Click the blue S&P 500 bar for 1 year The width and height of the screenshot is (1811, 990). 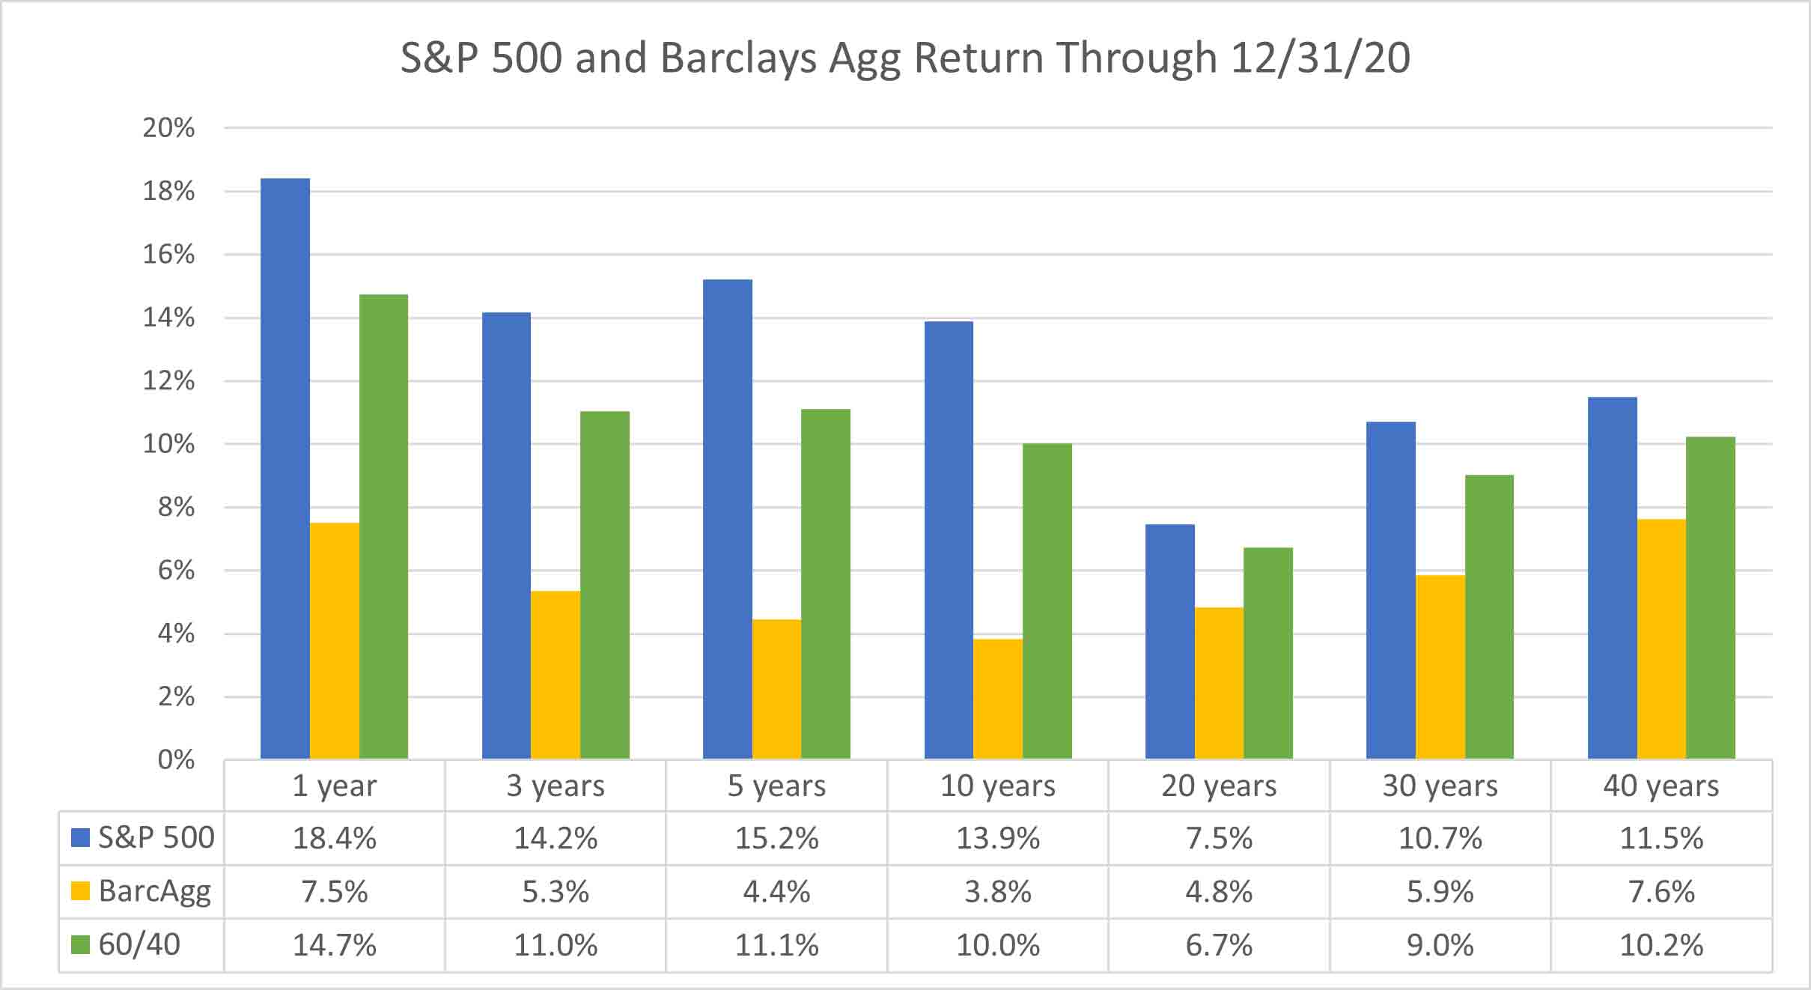(x=284, y=469)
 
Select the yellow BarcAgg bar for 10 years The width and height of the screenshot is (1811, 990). (x=998, y=699)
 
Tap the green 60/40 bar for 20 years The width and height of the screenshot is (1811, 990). (x=1268, y=653)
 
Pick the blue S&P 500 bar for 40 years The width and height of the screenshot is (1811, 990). (x=1612, y=578)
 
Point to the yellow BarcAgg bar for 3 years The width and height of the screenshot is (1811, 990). (x=556, y=675)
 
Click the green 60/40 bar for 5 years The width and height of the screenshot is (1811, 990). (x=826, y=584)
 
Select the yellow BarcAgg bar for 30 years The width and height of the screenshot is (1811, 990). (x=1440, y=667)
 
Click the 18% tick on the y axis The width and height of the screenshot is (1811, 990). (x=168, y=192)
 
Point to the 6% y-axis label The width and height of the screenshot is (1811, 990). (x=177, y=571)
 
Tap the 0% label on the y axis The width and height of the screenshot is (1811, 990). (x=177, y=760)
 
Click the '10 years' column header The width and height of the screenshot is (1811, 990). (x=998, y=786)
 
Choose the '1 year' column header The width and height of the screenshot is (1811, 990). (x=335, y=786)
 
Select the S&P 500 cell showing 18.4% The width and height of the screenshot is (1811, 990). (x=335, y=838)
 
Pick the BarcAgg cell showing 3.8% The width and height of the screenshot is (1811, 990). (x=998, y=892)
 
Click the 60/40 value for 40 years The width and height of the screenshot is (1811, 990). (x=1661, y=946)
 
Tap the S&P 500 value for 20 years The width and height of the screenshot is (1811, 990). (x=1219, y=838)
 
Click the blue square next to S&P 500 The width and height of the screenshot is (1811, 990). (x=80, y=837)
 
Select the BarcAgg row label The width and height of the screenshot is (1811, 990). (x=154, y=892)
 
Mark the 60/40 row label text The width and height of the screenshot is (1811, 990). (x=139, y=945)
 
